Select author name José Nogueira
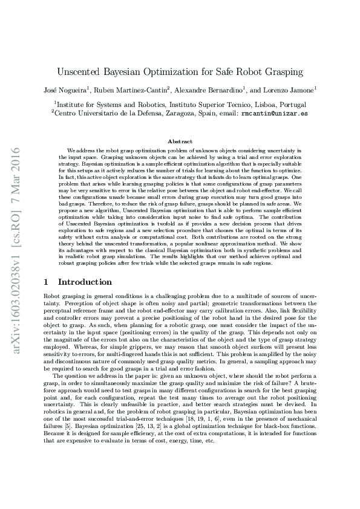click(x=66, y=91)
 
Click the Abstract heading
click(x=180, y=140)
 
